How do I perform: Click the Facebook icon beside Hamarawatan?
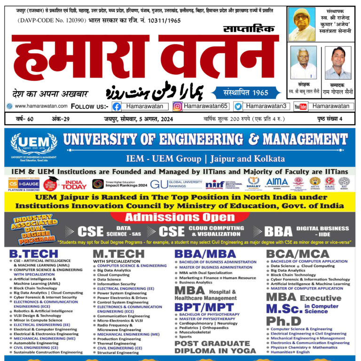click(x=117, y=106)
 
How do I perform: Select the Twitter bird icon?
click(x=238, y=106)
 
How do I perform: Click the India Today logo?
click(x=74, y=184)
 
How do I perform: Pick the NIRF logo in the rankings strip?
click(x=215, y=184)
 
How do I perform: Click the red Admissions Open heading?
click(x=180, y=217)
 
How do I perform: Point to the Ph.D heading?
click(x=283, y=321)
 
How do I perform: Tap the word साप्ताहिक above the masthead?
click(x=249, y=30)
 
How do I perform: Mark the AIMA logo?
click(x=277, y=182)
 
